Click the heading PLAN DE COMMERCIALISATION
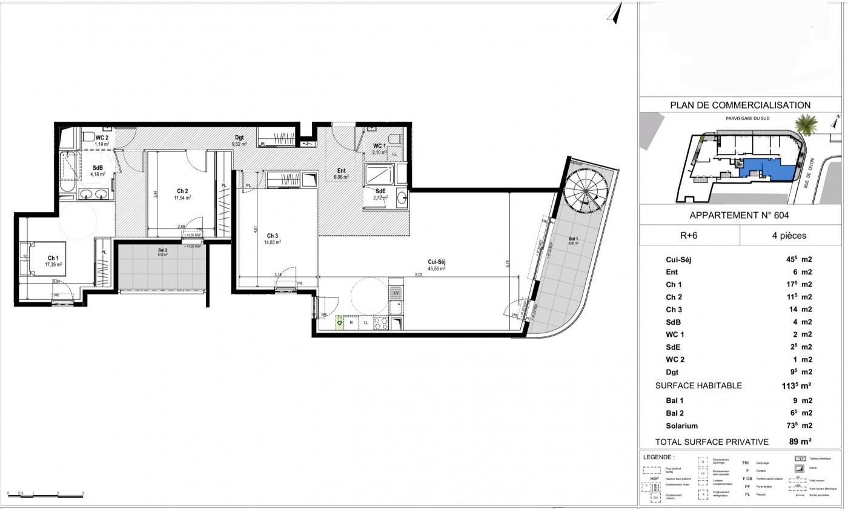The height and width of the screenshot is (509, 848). coord(740,105)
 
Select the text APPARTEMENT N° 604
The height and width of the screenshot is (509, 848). coord(740,215)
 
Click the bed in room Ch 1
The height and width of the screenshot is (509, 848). coord(29,259)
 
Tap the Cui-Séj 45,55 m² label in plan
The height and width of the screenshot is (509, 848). coord(436,265)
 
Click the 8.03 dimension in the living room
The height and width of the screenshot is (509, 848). coord(418,274)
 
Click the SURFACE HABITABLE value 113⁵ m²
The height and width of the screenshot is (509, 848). coord(796,385)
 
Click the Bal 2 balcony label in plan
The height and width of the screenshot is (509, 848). coord(162,252)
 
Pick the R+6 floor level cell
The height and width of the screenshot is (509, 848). coord(689,236)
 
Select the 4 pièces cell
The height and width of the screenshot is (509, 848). coord(790,236)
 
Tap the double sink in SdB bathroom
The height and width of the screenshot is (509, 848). coord(94,195)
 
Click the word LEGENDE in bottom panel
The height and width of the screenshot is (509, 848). coord(658,457)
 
